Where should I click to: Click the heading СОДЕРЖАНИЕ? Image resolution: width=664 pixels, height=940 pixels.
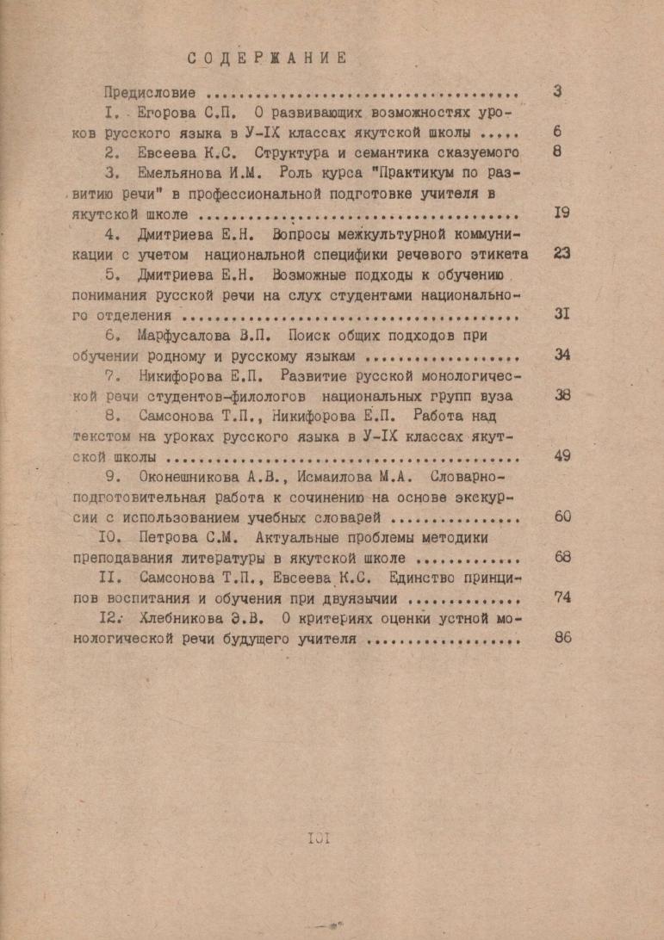(267, 58)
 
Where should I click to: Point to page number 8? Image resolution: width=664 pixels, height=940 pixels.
(556, 152)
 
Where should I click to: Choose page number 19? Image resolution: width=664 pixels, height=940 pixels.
(562, 213)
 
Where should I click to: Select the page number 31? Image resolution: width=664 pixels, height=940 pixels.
(562, 314)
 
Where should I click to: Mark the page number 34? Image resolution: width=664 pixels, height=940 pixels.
(562, 355)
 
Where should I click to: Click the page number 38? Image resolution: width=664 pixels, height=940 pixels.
(562, 395)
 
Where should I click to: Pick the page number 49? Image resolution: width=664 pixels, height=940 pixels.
(562, 455)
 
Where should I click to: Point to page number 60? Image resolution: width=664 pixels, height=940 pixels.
(562, 516)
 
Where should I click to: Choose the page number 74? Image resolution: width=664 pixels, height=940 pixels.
(562, 597)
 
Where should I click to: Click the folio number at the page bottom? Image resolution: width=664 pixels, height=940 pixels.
(318, 838)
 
